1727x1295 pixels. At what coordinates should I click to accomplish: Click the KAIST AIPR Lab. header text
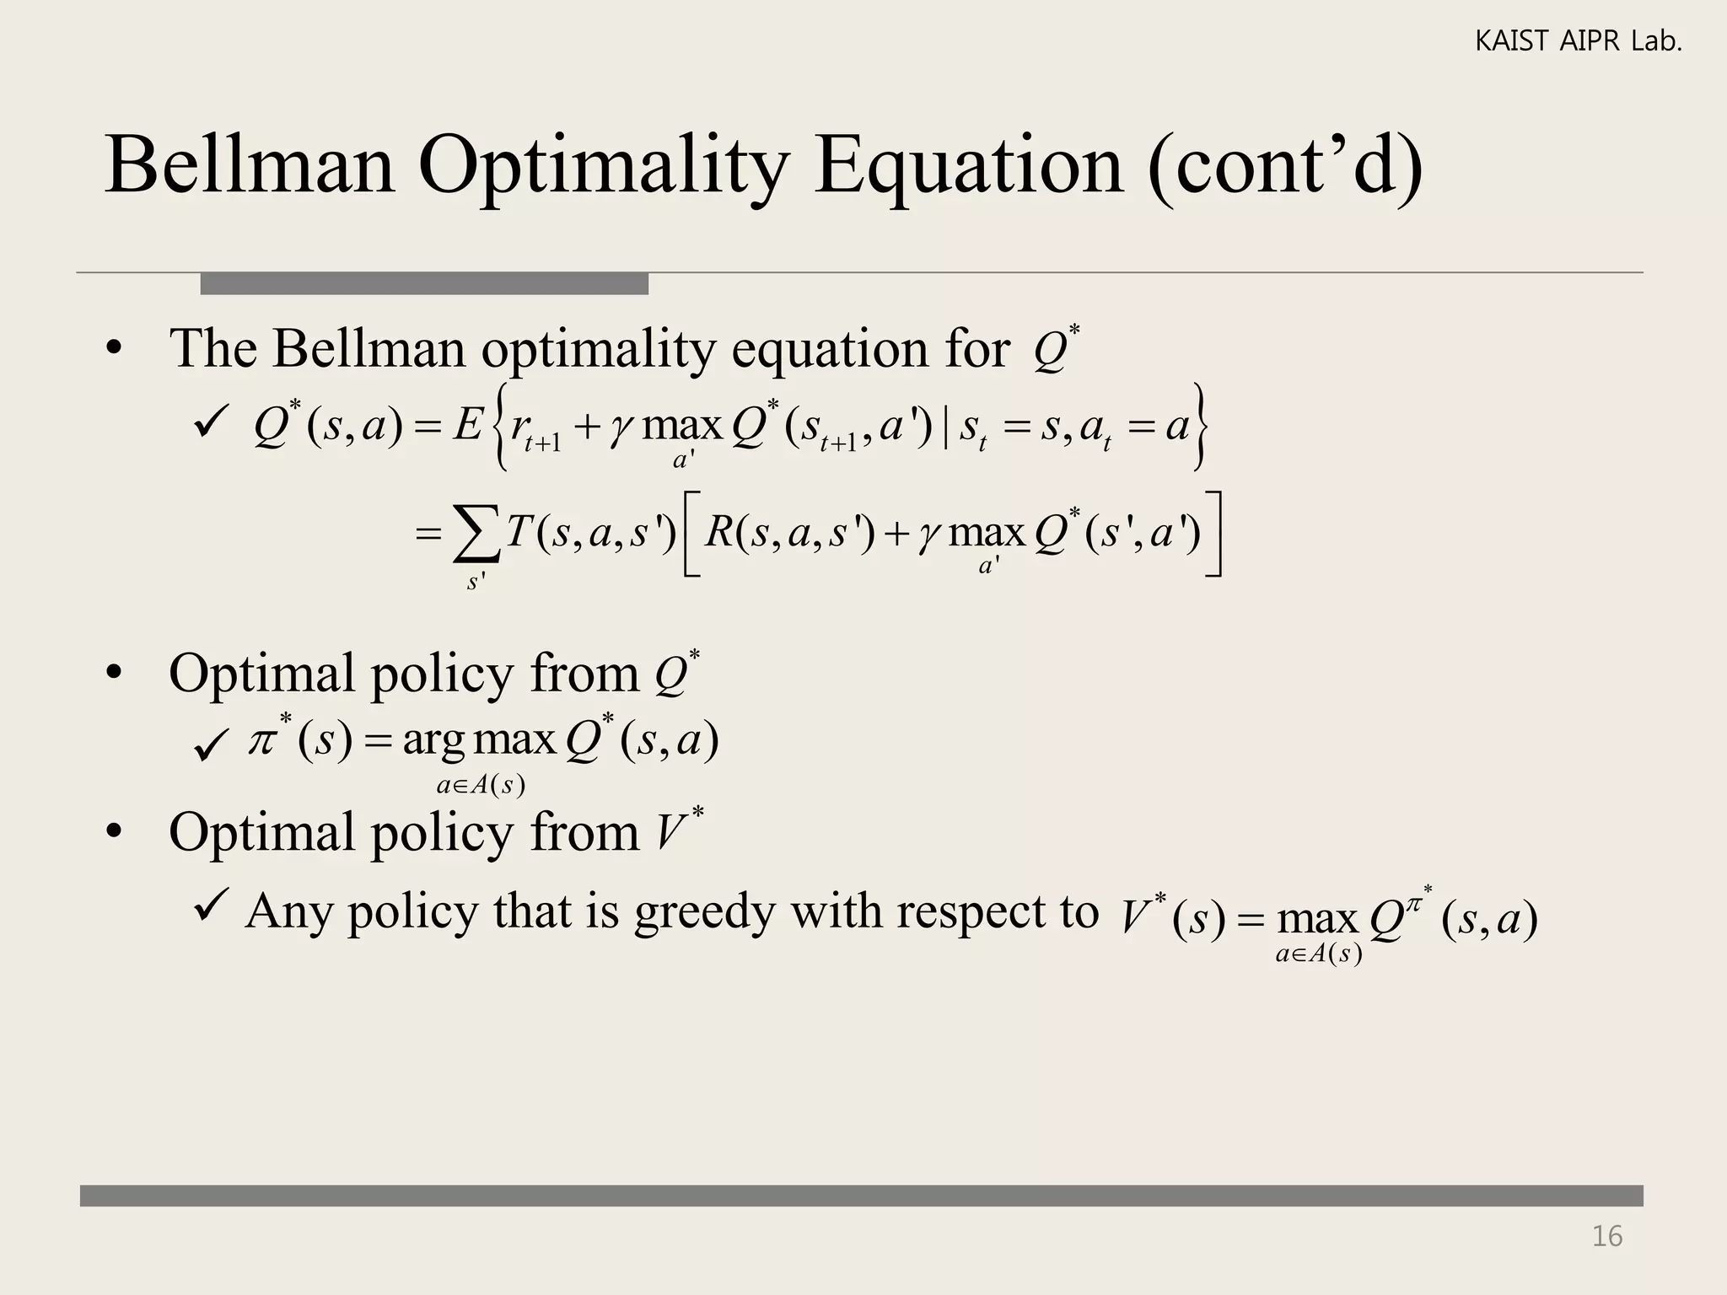click(1578, 41)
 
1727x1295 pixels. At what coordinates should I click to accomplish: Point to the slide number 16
click(1606, 1236)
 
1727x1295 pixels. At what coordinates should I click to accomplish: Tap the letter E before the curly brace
click(466, 426)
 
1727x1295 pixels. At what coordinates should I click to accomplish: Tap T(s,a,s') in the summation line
click(591, 533)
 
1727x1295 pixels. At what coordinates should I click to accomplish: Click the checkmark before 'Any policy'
click(208, 907)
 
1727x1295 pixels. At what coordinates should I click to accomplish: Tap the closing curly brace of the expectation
click(1200, 427)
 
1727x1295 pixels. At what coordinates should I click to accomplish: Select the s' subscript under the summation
click(476, 581)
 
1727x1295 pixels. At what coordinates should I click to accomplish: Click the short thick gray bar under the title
click(424, 284)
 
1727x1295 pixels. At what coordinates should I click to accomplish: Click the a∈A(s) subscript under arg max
click(481, 786)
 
